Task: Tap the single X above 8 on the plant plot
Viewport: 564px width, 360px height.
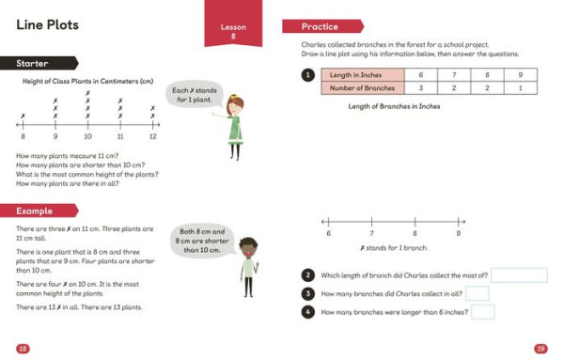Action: click(23, 116)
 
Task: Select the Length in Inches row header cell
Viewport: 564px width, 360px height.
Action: click(360, 74)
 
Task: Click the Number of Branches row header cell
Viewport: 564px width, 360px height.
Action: click(360, 87)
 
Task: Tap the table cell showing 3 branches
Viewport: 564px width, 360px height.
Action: click(420, 87)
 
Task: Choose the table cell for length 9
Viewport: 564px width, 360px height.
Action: click(520, 74)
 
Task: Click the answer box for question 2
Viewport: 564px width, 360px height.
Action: click(519, 275)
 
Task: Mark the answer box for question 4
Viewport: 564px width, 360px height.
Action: click(482, 311)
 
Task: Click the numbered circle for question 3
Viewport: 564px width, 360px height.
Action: click(307, 293)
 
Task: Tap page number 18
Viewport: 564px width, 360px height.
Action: click(23, 349)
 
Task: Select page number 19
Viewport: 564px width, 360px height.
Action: click(540, 349)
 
